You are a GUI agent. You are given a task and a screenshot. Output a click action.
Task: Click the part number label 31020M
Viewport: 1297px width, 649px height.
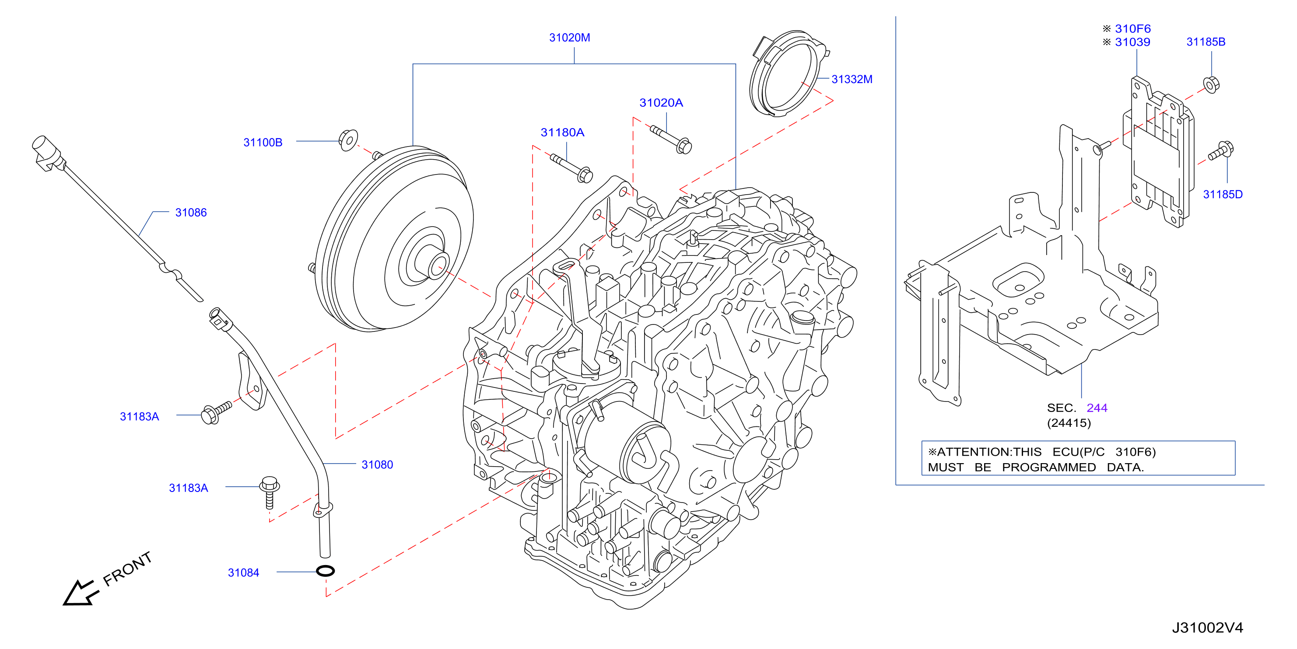pyautogui.click(x=569, y=38)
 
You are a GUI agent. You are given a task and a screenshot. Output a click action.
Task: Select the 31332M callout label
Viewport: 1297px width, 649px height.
pyautogui.click(x=852, y=79)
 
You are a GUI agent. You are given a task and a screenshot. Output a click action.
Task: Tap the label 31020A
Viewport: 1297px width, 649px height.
pyautogui.click(x=661, y=103)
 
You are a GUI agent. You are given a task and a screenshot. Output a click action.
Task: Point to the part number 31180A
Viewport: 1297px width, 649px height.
pyautogui.click(x=562, y=133)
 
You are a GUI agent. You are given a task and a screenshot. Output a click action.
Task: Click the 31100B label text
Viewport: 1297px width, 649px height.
pyautogui.click(x=263, y=143)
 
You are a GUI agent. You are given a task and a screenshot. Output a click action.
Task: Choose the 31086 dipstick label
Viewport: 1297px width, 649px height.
pyautogui.click(x=191, y=212)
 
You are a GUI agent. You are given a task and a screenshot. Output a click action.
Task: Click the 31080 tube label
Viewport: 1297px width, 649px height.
pyautogui.click(x=377, y=464)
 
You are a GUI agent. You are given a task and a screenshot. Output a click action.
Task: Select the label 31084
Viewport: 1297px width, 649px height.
pyautogui.click(x=243, y=572)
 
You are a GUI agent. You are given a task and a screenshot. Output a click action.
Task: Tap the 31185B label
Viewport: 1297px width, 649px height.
pyautogui.click(x=1206, y=42)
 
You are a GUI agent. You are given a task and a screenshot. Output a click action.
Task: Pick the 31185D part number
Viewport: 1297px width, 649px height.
pyautogui.click(x=1223, y=194)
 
